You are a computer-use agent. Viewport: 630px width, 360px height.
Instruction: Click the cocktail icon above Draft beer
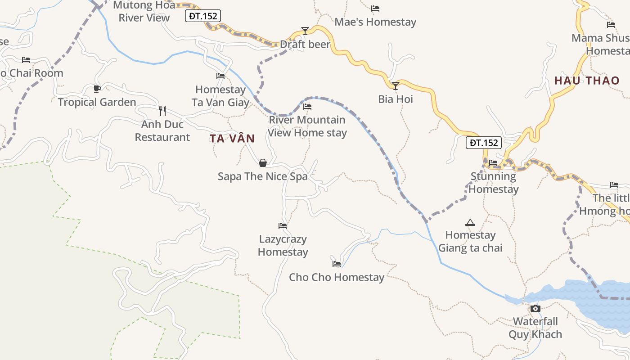305,31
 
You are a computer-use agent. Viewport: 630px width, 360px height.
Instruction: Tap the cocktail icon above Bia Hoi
396,85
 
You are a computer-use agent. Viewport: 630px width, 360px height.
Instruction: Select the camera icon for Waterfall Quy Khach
535,308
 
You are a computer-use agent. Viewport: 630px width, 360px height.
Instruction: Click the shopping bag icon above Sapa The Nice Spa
263,162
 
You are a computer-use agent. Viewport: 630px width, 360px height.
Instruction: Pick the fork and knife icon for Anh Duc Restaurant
162,111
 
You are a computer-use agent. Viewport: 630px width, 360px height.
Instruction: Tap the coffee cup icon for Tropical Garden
97,89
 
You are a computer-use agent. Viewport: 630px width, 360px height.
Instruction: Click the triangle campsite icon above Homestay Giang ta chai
470,222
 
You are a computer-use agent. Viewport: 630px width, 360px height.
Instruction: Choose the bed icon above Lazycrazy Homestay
283,225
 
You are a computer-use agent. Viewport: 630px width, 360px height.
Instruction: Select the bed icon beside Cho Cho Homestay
337,264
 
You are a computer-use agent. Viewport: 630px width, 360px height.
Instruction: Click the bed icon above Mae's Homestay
375,9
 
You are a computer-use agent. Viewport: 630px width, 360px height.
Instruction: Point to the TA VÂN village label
232,139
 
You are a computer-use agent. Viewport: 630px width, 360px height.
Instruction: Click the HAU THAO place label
587,81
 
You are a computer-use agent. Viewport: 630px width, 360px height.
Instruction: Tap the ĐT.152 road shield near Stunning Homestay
483,143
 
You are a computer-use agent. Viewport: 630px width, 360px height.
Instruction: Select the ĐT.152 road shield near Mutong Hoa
203,16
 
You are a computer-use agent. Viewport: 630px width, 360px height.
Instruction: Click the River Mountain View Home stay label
307,126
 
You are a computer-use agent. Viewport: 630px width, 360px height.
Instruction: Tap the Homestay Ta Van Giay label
220,96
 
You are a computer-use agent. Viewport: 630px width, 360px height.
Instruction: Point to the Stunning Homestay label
494,183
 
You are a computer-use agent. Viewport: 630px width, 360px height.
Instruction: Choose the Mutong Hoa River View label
144,12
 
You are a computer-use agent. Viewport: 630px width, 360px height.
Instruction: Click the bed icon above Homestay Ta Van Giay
220,76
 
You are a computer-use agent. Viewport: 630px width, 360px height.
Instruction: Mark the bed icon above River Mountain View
307,107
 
